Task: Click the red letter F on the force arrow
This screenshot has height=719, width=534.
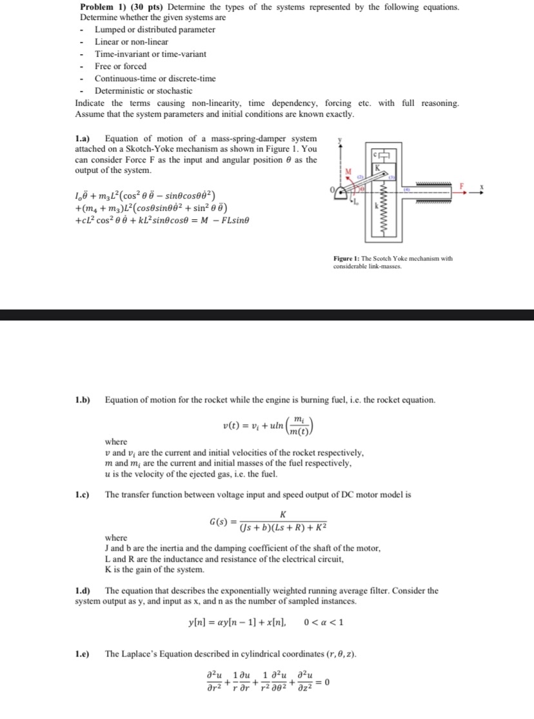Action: coord(462,186)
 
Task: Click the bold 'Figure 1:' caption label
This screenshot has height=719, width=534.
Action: coord(348,258)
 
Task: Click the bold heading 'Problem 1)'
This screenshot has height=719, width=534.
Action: coord(102,6)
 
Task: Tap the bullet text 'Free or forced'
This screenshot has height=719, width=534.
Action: coord(121,66)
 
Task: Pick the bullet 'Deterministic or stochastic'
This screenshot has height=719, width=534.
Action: coord(144,91)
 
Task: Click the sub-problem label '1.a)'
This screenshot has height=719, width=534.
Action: coord(84,139)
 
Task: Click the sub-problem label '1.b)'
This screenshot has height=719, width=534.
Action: coord(84,400)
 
